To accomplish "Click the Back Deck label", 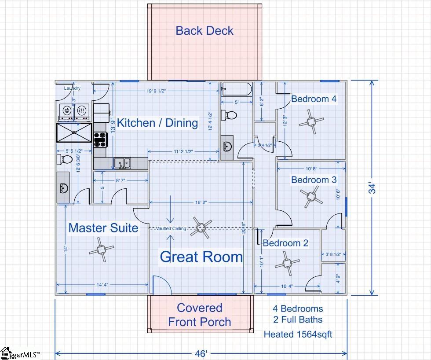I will (x=205, y=31).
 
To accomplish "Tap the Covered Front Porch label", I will (x=200, y=315).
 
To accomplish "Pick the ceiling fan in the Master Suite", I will (x=101, y=250).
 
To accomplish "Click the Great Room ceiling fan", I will (x=201, y=228).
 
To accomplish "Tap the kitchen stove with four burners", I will (x=99, y=140).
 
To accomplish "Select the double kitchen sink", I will (x=122, y=163).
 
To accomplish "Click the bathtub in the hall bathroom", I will (x=236, y=89).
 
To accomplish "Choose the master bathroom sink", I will (x=63, y=188).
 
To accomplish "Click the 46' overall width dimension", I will (x=201, y=353).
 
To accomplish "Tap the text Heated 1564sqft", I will (x=298, y=334).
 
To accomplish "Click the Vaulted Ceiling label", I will (x=171, y=228).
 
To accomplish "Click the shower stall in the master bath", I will (x=74, y=132).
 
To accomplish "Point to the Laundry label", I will (x=72, y=88).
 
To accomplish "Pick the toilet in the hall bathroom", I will (x=229, y=115).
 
